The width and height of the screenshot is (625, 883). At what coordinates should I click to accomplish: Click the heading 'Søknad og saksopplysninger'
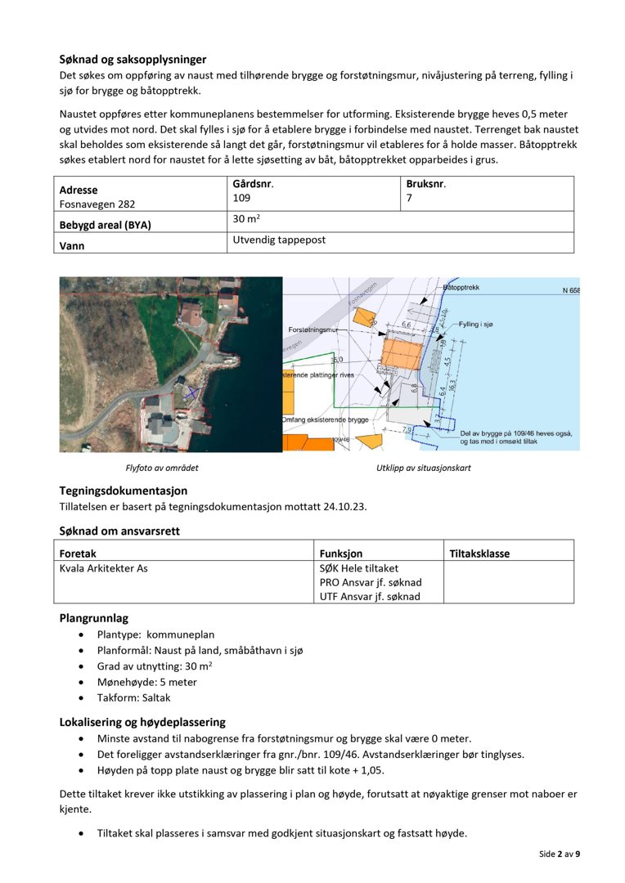pyautogui.click(x=133, y=59)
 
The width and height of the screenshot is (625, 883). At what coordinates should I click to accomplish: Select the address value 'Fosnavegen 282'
pyautogui.click(x=97, y=204)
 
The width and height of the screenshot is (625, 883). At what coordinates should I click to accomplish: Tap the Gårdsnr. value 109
pyautogui.click(x=241, y=198)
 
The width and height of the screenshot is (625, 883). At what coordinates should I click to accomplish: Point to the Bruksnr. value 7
pyautogui.click(x=409, y=198)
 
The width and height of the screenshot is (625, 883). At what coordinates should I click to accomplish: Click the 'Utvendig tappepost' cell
pyautogui.click(x=279, y=240)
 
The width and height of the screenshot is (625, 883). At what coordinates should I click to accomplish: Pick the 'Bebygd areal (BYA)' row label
pyautogui.click(x=106, y=225)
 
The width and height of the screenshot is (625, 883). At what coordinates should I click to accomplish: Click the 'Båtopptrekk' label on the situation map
pyautogui.click(x=461, y=288)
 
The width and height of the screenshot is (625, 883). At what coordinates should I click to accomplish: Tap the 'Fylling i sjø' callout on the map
pyautogui.click(x=479, y=325)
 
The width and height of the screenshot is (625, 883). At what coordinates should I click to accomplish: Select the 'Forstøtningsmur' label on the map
pyautogui.click(x=312, y=329)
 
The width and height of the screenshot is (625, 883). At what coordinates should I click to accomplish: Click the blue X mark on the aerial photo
pyautogui.click(x=191, y=393)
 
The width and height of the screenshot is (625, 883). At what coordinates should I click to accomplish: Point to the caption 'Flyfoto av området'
pyautogui.click(x=162, y=468)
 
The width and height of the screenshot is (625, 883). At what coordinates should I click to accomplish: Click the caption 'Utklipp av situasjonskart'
pyautogui.click(x=423, y=468)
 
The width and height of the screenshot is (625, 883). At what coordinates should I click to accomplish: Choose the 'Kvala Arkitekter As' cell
pyautogui.click(x=104, y=568)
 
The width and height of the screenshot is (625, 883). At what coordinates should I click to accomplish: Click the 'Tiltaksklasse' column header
pyautogui.click(x=480, y=554)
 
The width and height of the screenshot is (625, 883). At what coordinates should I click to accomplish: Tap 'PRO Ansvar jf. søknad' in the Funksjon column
pyautogui.click(x=371, y=582)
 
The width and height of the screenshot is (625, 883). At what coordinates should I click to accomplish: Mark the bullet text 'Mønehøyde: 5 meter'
pyautogui.click(x=146, y=682)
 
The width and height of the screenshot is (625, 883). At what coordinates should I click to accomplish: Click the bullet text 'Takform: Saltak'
pyautogui.click(x=133, y=698)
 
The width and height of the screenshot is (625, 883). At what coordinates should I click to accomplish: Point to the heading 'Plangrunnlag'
pyautogui.click(x=93, y=618)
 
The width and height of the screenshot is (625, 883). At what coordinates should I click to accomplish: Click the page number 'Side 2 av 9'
pyautogui.click(x=560, y=854)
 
